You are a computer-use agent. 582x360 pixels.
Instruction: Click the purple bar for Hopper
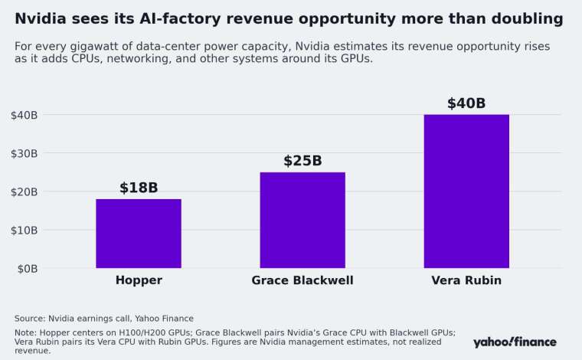[x=139, y=234]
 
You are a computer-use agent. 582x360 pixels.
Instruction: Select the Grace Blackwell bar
[x=302, y=220]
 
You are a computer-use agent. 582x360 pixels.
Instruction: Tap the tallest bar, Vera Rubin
[x=466, y=191]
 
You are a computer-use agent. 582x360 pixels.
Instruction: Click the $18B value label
[x=139, y=188]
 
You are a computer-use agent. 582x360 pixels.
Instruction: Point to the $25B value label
[x=302, y=161]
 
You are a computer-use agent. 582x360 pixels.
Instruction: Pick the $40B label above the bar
[x=466, y=103]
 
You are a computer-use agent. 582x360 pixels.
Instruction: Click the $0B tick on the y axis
[x=28, y=269]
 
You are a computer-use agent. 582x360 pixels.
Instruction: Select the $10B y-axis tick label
[x=25, y=231]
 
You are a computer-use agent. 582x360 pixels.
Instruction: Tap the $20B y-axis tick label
[x=25, y=192]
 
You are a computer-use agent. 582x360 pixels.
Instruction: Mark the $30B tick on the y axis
[x=25, y=154]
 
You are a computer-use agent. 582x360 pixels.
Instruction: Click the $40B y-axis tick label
[x=25, y=116]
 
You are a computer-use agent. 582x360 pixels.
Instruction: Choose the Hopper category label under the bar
[x=139, y=280]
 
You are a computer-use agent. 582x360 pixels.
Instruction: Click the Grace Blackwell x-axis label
[x=302, y=280]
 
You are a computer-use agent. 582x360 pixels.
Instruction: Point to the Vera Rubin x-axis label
[x=466, y=280]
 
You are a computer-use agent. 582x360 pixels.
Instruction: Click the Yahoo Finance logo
[x=515, y=342]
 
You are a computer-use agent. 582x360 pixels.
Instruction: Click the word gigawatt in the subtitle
[x=97, y=47]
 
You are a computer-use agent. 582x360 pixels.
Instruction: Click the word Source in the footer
[x=30, y=319]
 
